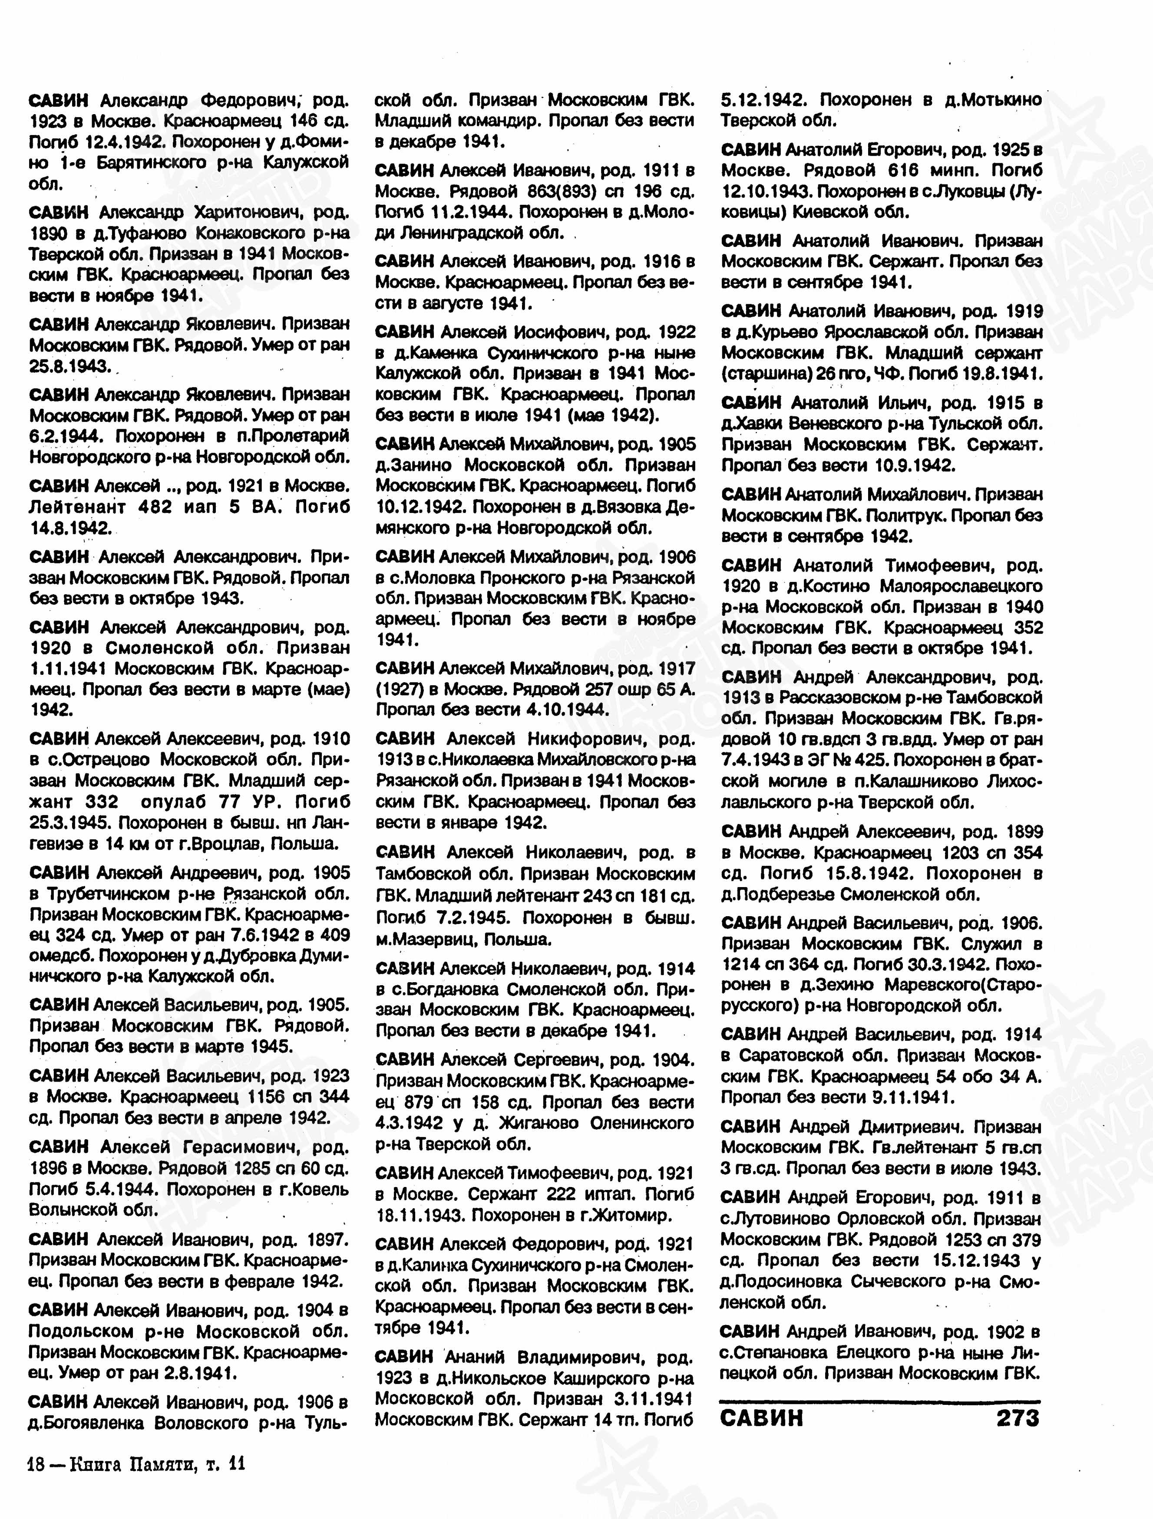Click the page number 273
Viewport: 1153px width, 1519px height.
1018,1419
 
